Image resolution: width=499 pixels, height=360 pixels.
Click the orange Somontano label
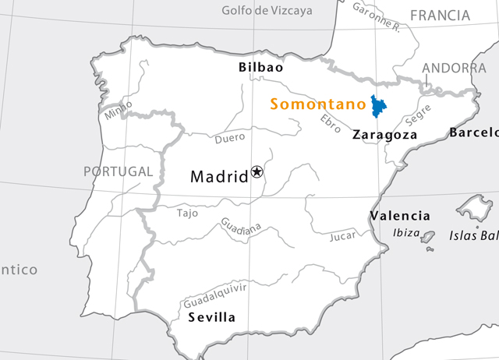click(318, 104)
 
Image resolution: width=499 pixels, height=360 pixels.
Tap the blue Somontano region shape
click(379, 106)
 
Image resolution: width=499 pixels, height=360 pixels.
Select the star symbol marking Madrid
click(257, 171)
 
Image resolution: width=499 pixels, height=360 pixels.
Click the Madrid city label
click(219, 177)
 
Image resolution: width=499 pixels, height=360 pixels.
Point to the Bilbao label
click(260, 68)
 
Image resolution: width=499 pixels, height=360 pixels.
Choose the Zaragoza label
click(384, 135)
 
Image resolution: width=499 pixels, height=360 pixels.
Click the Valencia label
click(399, 216)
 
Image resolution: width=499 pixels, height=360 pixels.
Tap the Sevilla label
click(211, 317)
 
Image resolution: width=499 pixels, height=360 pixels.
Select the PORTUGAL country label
click(119, 171)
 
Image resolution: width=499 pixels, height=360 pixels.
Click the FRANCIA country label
click(440, 16)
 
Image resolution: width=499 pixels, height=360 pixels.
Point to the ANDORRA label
click(454, 69)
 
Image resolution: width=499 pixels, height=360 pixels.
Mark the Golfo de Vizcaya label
click(267, 11)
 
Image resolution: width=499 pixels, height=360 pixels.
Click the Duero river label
click(230, 139)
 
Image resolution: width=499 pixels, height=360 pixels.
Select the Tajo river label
click(188, 213)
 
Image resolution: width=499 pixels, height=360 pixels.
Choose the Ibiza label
click(406, 233)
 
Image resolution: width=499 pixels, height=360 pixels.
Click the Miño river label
click(118, 110)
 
